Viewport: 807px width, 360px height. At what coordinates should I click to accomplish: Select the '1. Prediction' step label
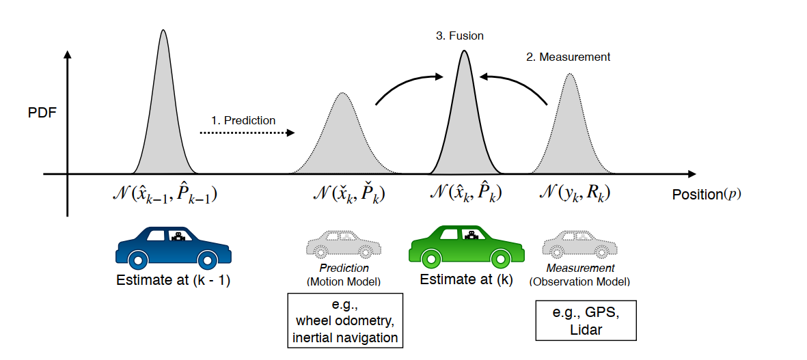pos(243,120)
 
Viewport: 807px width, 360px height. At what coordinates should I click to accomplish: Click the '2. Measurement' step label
pos(568,57)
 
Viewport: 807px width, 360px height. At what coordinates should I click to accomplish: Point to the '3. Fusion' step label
pos(459,36)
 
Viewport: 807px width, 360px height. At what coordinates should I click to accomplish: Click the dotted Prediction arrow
pos(247,133)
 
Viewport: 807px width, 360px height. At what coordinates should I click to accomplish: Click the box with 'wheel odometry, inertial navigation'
pos(345,318)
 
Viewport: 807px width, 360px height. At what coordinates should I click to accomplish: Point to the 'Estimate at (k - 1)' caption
pos(173,280)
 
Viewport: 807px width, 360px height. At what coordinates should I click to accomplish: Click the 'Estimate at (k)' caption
pos(466,279)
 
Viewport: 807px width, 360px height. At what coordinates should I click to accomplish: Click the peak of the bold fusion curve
pos(464,52)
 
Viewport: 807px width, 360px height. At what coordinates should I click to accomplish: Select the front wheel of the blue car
pos(208,260)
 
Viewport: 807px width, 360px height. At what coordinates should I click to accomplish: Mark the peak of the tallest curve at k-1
pos(163,31)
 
